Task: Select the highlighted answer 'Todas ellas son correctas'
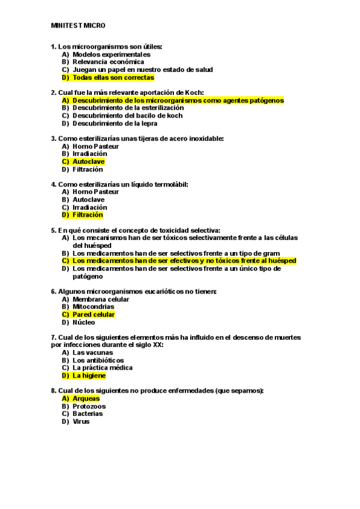click(113, 77)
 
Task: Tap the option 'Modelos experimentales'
click(112, 54)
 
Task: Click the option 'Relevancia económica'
click(109, 62)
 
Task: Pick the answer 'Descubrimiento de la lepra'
click(115, 124)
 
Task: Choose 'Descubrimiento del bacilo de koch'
click(128, 116)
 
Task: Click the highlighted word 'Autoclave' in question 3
click(89, 162)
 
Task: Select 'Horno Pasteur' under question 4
click(96, 192)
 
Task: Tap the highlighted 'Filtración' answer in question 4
click(88, 215)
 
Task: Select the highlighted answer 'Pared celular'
click(94, 315)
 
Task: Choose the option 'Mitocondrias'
click(93, 307)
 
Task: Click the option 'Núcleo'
click(84, 322)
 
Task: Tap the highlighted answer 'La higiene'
click(89, 376)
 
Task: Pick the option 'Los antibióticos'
click(98, 360)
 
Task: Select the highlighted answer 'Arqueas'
click(86, 399)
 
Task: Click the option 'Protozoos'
click(89, 406)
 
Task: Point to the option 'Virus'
click(81, 421)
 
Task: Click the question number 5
click(53, 230)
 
